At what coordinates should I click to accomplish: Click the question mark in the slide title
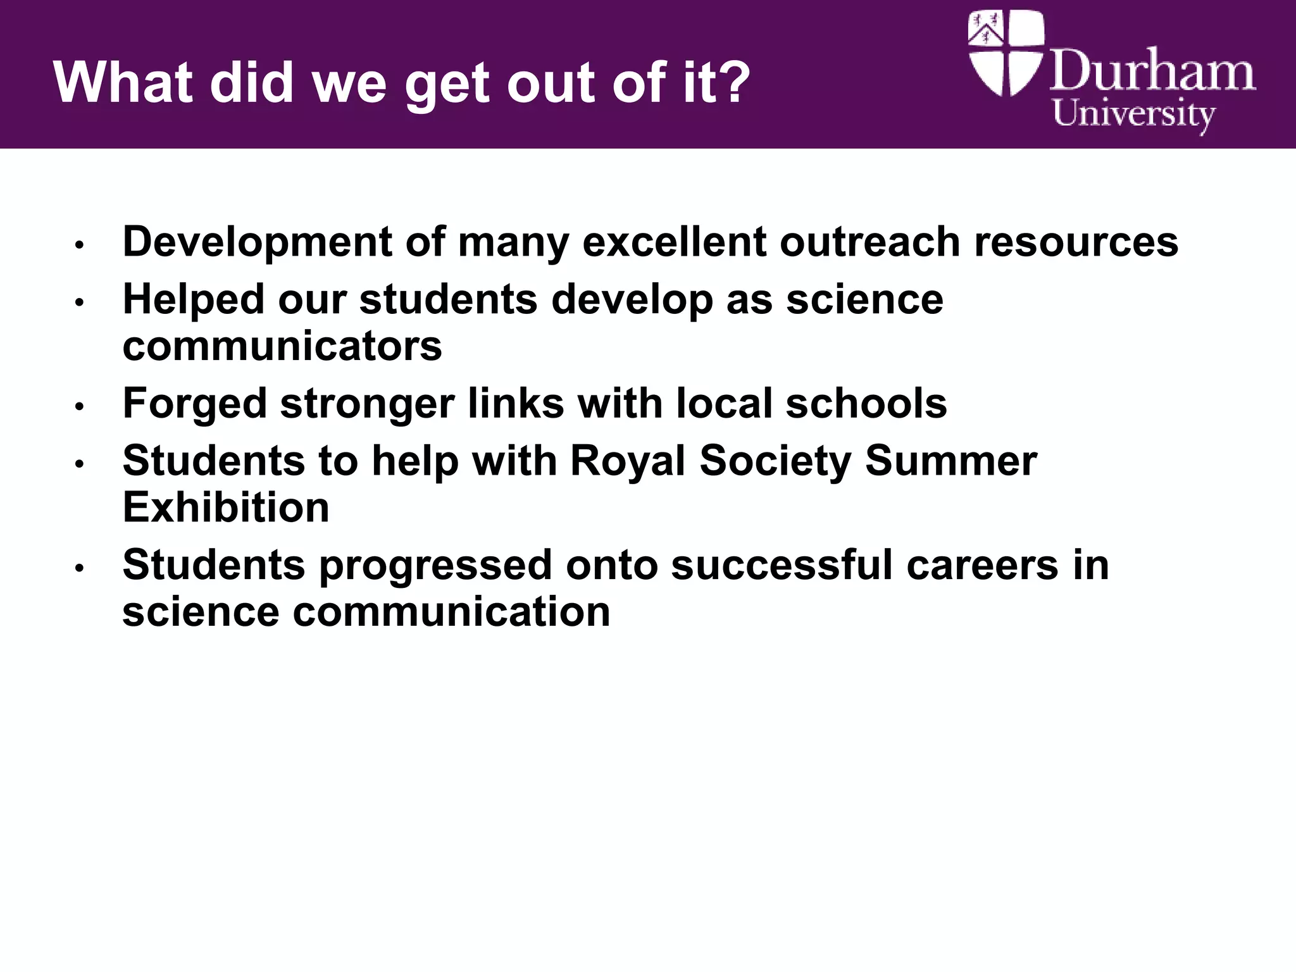(x=732, y=82)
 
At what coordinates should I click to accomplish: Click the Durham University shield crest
(x=1006, y=53)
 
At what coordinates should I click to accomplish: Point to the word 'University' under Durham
(x=1133, y=115)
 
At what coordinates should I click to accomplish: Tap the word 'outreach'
(x=870, y=242)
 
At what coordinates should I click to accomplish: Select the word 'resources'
(x=1076, y=243)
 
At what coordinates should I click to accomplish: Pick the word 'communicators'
(x=282, y=347)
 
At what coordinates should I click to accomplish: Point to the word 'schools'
(x=866, y=404)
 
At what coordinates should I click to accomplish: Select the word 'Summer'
(x=951, y=461)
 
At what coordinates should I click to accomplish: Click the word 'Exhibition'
(x=226, y=508)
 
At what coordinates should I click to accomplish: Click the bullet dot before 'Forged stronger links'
(x=79, y=406)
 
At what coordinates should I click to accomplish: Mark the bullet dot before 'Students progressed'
(x=79, y=568)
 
